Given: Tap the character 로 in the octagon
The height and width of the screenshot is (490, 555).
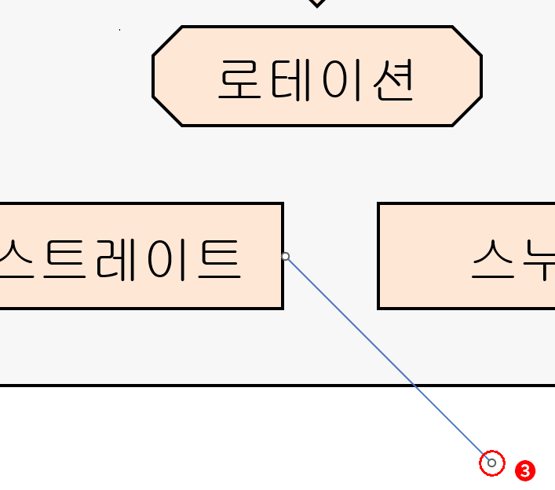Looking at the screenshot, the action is (x=241, y=79).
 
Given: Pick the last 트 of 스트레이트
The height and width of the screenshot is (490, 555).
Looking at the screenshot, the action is (x=214, y=259).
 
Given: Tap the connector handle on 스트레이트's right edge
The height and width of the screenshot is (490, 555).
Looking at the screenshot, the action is (x=286, y=256).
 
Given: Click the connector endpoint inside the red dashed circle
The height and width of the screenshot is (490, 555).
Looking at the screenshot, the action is (x=491, y=463).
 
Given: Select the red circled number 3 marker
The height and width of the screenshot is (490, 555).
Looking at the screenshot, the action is (x=525, y=471).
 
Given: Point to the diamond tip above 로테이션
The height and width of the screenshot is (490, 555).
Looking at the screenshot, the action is (x=316, y=3).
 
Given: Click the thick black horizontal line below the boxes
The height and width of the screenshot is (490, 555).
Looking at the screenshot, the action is (x=196, y=386).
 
